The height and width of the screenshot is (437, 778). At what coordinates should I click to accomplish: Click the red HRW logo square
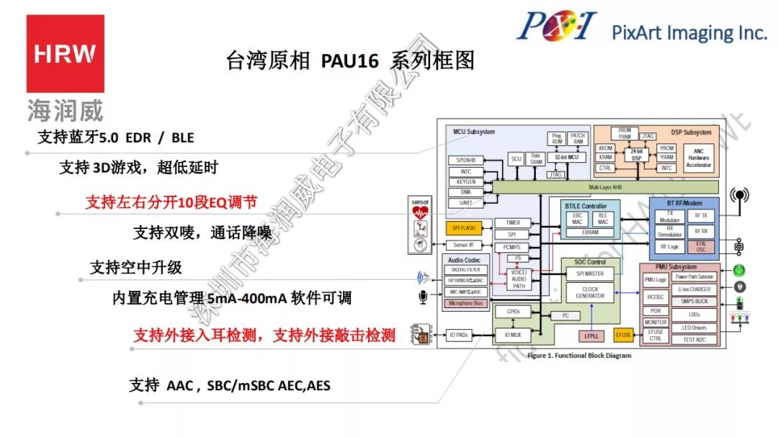click(66, 53)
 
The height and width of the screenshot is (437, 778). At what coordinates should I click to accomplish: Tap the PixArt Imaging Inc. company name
click(689, 32)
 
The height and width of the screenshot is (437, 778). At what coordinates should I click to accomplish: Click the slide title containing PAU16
click(350, 60)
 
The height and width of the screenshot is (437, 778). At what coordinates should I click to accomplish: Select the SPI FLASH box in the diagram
click(464, 228)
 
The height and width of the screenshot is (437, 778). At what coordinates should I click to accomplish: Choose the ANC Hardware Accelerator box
click(698, 158)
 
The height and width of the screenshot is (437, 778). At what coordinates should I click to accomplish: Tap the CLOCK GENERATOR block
click(590, 292)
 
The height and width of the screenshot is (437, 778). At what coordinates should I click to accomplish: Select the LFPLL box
click(591, 335)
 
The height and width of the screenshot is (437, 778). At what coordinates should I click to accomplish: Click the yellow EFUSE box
click(623, 335)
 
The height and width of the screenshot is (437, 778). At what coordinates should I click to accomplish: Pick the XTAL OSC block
click(700, 247)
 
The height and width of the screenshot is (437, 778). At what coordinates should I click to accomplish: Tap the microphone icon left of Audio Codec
click(421, 297)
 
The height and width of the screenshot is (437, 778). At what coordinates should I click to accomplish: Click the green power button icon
click(738, 271)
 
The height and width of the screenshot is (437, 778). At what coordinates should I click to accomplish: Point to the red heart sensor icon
click(419, 213)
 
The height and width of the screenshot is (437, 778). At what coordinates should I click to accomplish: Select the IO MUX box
click(513, 335)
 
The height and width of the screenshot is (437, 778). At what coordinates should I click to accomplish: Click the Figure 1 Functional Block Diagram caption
click(579, 356)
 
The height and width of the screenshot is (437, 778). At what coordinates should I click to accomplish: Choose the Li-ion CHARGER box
click(694, 289)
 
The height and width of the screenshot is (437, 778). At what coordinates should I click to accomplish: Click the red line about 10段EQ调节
click(171, 202)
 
